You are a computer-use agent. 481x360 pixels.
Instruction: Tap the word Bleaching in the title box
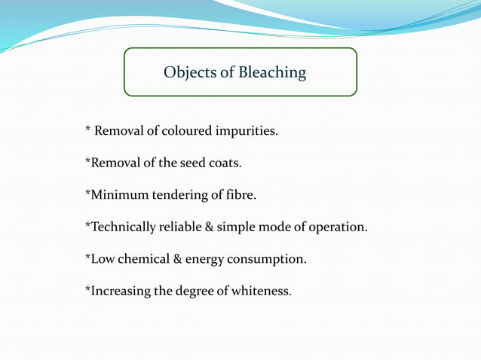(x=273, y=73)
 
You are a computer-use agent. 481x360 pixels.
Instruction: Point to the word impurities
(x=247, y=132)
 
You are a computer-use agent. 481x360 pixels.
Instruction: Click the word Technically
(x=123, y=227)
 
